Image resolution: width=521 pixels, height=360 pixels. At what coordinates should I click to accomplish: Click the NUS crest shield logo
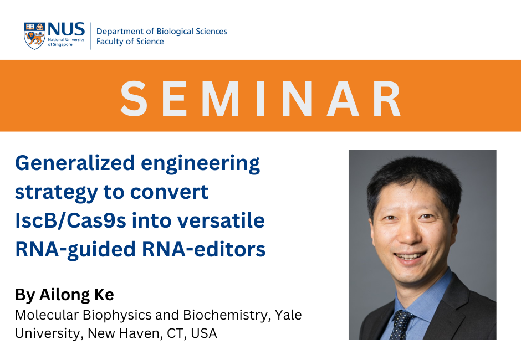[x=34, y=36]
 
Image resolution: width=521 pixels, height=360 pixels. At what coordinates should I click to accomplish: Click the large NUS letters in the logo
[x=66, y=29]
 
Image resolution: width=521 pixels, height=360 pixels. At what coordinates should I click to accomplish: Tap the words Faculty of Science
[x=130, y=41]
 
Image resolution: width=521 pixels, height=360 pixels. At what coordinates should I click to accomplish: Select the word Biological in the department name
[x=175, y=31]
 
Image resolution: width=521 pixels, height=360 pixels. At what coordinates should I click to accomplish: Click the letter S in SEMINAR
[x=134, y=99]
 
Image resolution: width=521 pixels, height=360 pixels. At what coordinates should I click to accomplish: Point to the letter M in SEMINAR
[x=220, y=99]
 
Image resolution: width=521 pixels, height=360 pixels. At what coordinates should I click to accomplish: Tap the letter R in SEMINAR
[x=387, y=99]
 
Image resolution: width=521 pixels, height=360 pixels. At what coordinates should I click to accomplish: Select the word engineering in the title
[x=200, y=164]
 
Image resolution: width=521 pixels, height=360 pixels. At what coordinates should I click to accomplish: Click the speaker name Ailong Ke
[x=76, y=295]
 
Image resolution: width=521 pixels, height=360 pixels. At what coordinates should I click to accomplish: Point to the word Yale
[x=288, y=315]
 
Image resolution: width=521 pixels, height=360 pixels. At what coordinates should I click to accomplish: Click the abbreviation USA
[x=203, y=333]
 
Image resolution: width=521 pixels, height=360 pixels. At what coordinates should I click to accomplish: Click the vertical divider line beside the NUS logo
[x=91, y=36]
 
